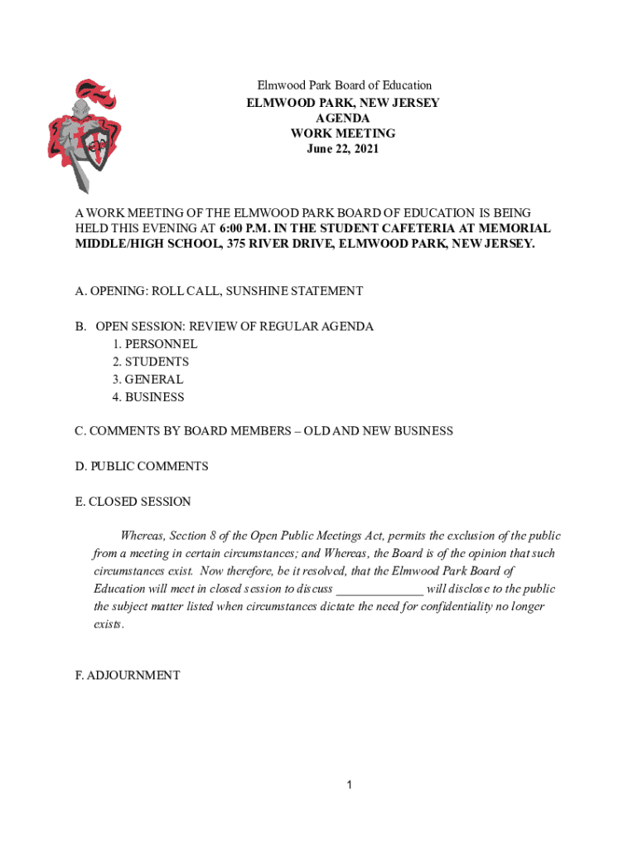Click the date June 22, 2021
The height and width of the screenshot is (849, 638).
coord(343,149)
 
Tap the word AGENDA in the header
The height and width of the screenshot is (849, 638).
coord(343,119)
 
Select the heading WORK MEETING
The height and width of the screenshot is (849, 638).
coord(343,133)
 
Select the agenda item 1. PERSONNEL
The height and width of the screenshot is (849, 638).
coord(155,343)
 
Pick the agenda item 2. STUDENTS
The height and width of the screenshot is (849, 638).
coord(151,361)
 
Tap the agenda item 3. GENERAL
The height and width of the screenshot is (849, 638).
coord(148,380)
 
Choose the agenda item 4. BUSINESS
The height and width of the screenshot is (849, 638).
coord(148,397)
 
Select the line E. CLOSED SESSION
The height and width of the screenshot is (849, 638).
coord(133,502)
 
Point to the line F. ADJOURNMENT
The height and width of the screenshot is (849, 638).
coord(127,675)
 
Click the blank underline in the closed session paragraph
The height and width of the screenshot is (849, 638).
coord(379,589)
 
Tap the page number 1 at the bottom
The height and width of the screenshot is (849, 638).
coord(350,785)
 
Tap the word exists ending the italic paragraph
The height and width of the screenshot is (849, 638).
coord(108,623)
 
